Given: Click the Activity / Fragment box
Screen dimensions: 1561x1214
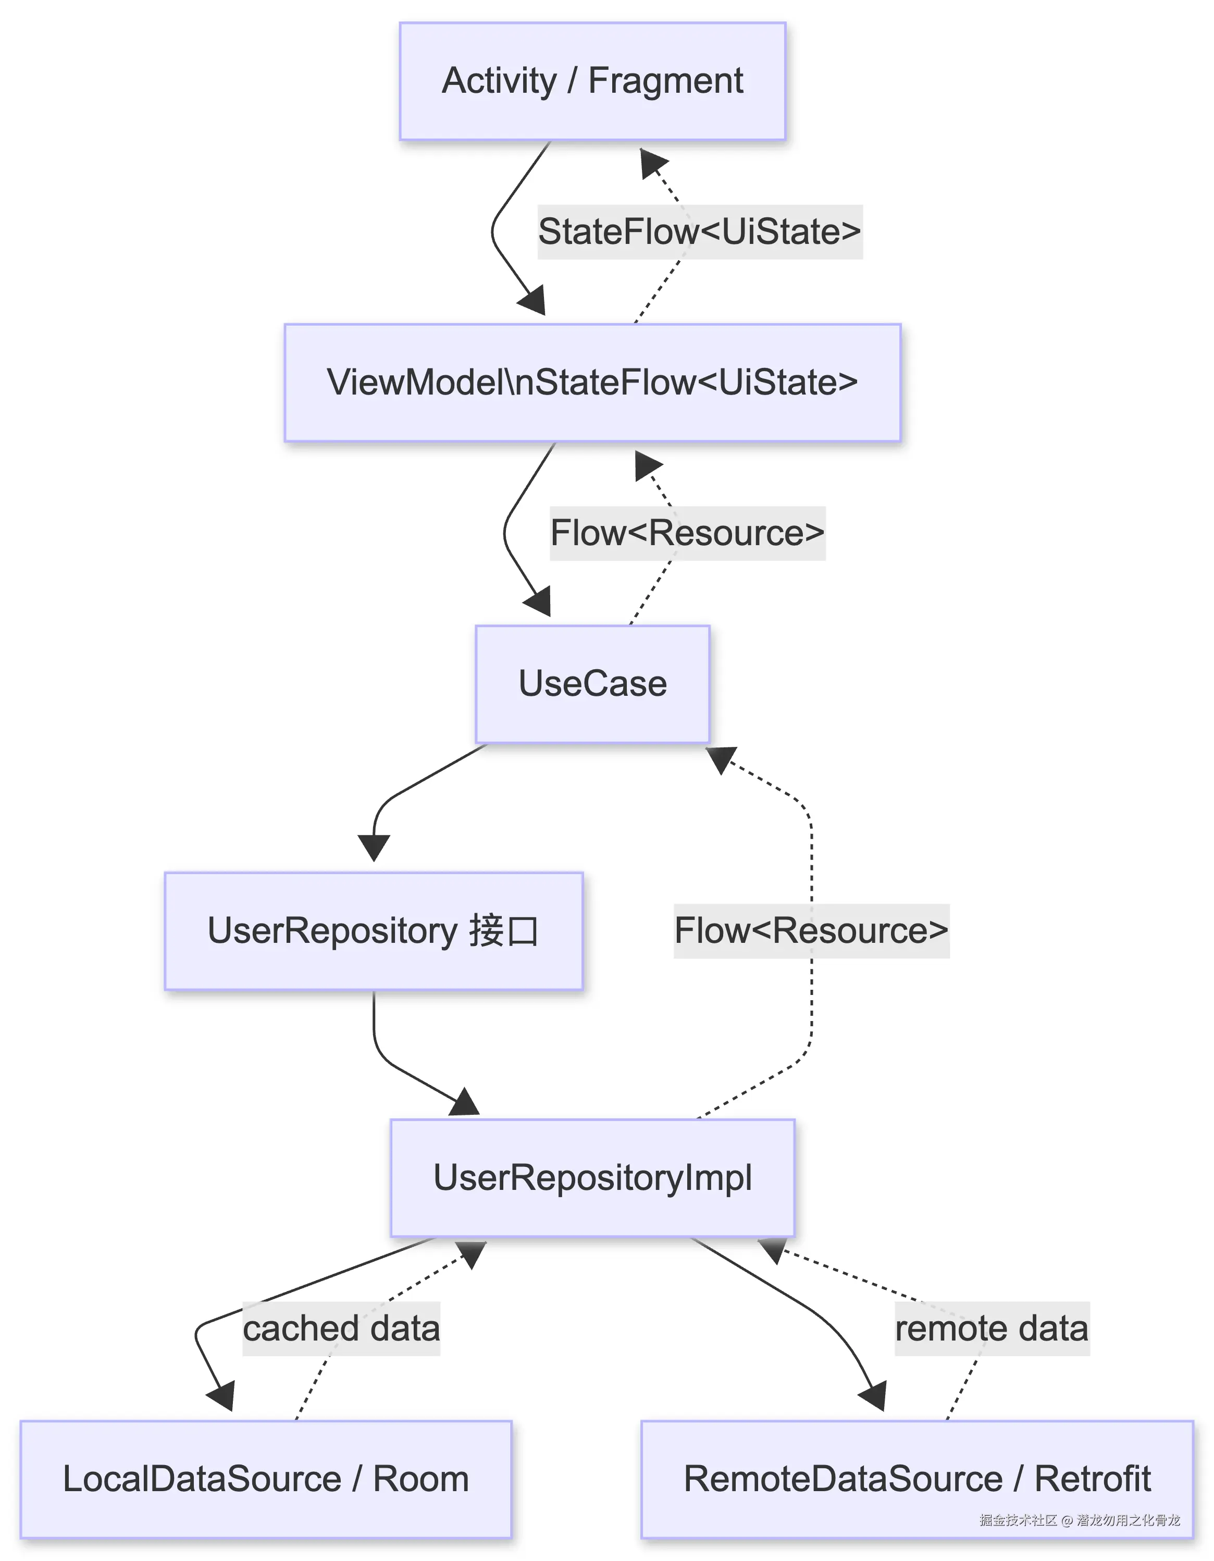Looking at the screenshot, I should coord(592,81).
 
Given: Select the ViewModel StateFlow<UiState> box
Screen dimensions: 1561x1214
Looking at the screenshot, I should coord(592,383).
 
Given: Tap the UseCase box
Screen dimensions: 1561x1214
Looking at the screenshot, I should coord(592,684).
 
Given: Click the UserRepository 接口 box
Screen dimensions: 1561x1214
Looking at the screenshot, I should coord(373,930).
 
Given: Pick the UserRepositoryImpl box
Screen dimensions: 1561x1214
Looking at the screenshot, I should coord(592,1177).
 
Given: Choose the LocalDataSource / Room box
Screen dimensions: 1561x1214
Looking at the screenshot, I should coord(266,1479).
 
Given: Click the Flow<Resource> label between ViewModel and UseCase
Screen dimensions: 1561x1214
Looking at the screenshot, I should coord(687,533).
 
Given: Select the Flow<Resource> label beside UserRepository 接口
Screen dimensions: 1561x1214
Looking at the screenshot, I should coord(811,930).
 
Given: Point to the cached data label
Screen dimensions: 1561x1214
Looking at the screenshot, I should coord(342,1328).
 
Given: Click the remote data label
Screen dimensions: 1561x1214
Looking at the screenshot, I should coord(992,1328).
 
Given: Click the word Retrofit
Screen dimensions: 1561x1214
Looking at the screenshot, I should coord(1093,1479).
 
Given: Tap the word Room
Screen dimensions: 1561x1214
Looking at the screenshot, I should coord(421,1479).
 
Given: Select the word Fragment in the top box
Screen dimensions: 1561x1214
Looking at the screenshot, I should coord(665,81).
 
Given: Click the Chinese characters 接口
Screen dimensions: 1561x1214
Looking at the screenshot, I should coord(504,930).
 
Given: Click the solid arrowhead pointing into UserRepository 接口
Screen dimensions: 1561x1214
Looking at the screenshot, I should coord(373,847).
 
